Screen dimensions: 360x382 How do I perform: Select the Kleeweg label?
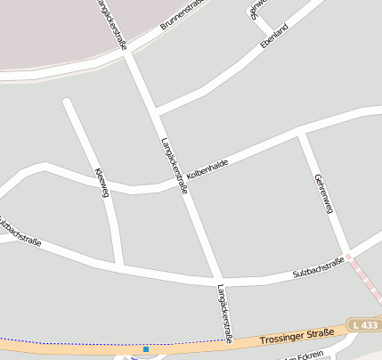pos(102,183)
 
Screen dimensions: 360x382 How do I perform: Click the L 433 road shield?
pos(363,325)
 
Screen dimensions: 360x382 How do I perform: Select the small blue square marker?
pos(146,349)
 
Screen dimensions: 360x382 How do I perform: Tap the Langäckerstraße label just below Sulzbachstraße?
pos(224,314)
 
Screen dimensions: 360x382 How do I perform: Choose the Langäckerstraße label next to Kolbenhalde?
pos(174,166)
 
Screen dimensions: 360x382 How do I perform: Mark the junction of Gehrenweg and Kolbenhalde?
pos(301,135)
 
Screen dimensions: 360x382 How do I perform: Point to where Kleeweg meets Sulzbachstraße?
pos(119,266)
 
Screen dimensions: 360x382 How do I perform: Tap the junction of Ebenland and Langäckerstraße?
pos(155,112)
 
